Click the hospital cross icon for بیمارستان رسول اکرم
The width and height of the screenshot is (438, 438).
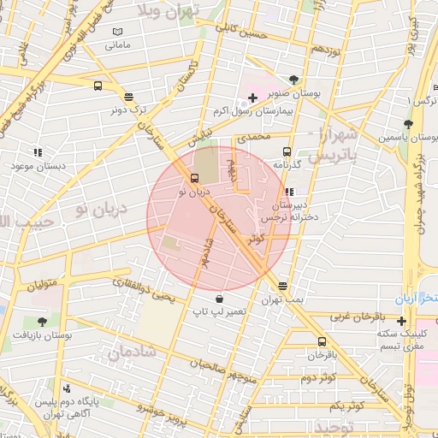click(x=252, y=98)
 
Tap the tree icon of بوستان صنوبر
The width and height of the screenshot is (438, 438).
click(x=294, y=80)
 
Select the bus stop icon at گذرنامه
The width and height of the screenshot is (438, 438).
click(x=287, y=149)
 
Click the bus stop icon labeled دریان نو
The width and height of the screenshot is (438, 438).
click(x=196, y=179)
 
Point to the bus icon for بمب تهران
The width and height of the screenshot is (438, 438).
click(x=282, y=286)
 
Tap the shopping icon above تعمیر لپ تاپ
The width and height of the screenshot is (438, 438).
click(x=221, y=299)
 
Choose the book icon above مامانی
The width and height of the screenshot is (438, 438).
click(x=118, y=32)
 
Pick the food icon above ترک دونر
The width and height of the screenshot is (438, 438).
click(x=128, y=97)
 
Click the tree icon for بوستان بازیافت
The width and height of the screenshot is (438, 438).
click(x=42, y=322)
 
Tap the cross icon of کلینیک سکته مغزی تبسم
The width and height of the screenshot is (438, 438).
click(x=401, y=321)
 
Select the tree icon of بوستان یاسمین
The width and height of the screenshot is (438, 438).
click(x=408, y=124)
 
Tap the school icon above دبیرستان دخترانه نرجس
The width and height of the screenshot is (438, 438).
click(x=289, y=192)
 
